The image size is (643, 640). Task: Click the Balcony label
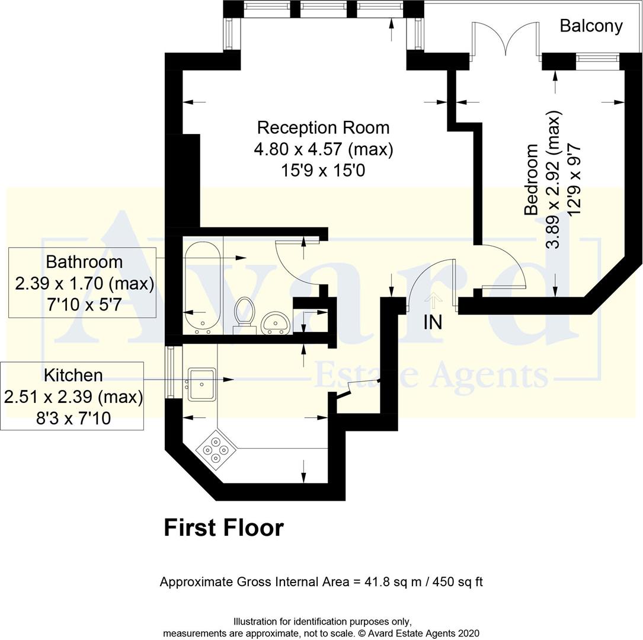(591, 26)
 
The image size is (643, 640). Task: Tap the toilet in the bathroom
(243, 312)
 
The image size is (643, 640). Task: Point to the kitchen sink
(201, 384)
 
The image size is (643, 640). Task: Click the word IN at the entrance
(433, 322)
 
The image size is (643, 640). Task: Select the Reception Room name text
(323, 127)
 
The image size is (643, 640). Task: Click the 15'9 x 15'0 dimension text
(323, 171)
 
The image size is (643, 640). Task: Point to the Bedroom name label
(532, 179)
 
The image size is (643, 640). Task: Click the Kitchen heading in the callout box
(73, 375)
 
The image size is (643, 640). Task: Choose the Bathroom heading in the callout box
(84, 261)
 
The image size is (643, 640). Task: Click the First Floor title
(223, 527)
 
